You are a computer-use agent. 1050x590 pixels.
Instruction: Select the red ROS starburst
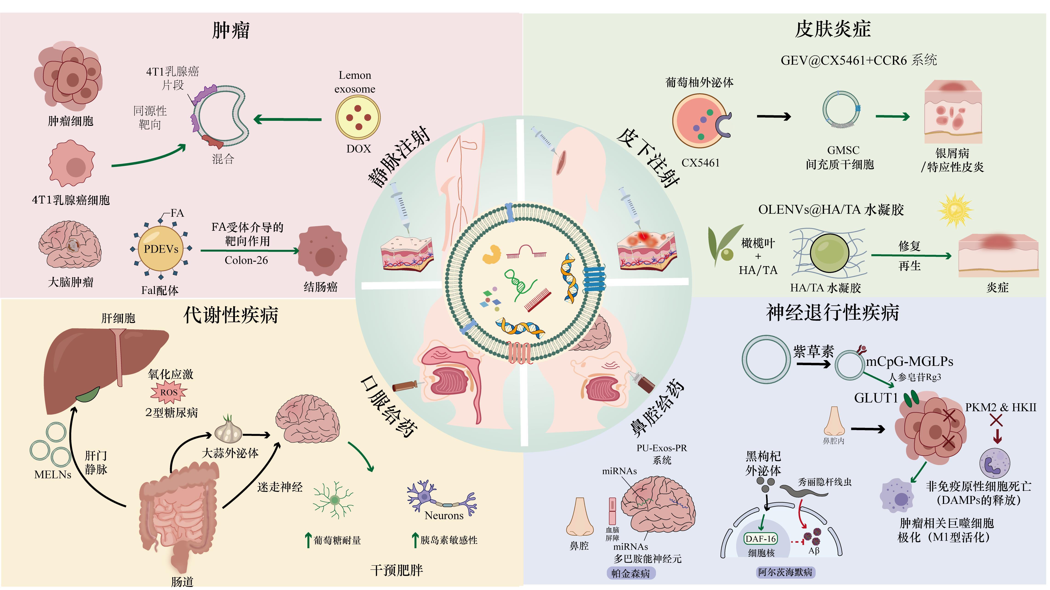click(x=169, y=392)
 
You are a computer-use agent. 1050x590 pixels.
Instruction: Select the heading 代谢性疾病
click(x=231, y=315)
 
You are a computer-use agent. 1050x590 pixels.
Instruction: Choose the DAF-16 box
click(x=761, y=539)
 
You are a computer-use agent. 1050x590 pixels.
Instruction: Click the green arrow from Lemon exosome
click(x=287, y=119)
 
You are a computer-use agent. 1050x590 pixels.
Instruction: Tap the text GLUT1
click(x=876, y=398)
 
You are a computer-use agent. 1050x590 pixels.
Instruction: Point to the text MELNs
click(x=53, y=475)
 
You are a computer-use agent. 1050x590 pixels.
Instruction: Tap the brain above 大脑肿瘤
click(x=70, y=245)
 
